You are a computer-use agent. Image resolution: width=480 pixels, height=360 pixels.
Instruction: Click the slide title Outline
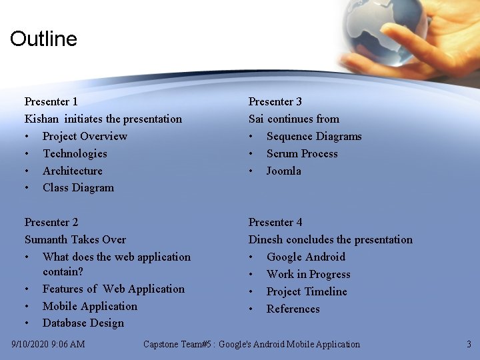[x=43, y=39]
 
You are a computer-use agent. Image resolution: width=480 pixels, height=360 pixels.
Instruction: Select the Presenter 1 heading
[x=51, y=101]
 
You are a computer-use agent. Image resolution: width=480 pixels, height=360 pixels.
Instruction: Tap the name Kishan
[x=41, y=119]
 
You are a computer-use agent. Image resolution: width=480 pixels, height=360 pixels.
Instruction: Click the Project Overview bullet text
[x=85, y=136]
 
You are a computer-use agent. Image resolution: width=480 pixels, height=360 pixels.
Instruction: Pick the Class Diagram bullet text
[x=78, y=188]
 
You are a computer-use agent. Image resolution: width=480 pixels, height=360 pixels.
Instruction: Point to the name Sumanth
[x=47, y=239]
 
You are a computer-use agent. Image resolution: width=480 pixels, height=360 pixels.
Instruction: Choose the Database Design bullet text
[x=83, y=323]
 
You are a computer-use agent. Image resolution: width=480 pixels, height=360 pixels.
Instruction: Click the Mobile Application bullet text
[x=90, y=306]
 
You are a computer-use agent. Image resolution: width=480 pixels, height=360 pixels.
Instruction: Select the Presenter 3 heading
[x=275, y=101]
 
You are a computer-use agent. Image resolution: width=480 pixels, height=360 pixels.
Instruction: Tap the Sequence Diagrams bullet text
[x=314, y=136]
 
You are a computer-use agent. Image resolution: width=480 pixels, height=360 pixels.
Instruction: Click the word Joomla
[x=284, y=171]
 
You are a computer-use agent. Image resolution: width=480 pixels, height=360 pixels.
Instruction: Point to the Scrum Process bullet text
[x=302, y=153]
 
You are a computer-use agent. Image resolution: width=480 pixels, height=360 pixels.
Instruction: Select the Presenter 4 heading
[x=275, y=222]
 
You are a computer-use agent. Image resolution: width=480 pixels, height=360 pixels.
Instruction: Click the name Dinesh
[x=266, y=239]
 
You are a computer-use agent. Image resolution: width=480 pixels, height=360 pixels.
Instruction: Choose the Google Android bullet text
[x=306, y=257]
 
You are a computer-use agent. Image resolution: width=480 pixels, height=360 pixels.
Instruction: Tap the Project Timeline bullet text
[x=307, y=291]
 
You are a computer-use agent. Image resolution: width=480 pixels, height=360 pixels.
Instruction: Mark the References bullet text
[x=293, y=309]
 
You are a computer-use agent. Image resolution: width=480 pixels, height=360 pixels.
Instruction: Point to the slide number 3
[x=469, y=345]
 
